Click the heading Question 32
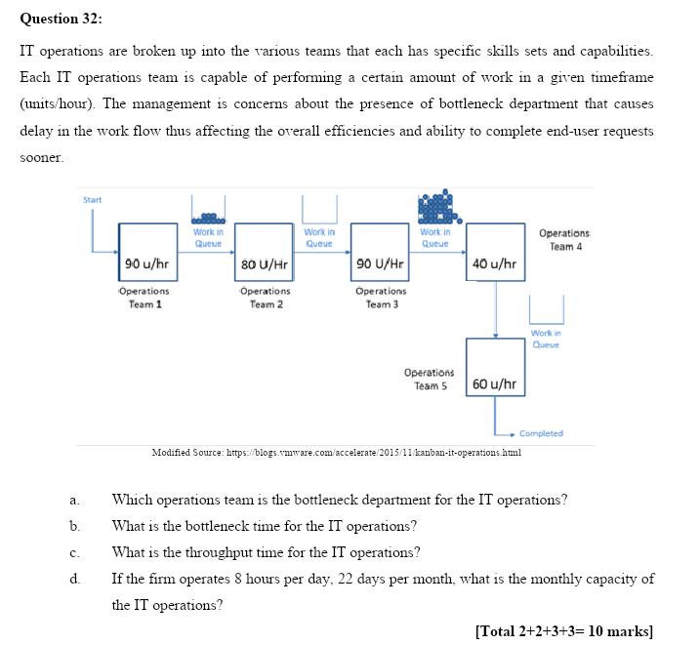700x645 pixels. [61, 19]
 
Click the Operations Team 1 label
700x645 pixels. [145, 298]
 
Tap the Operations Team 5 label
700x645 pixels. [429, 379]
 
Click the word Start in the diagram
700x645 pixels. [92, 200]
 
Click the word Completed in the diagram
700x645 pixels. [541, 433]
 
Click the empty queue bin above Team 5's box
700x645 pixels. [547, 310]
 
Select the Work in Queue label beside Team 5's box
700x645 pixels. [547, 339]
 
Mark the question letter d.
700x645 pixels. [74, 579]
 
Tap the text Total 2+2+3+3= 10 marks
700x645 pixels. [563, 629]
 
